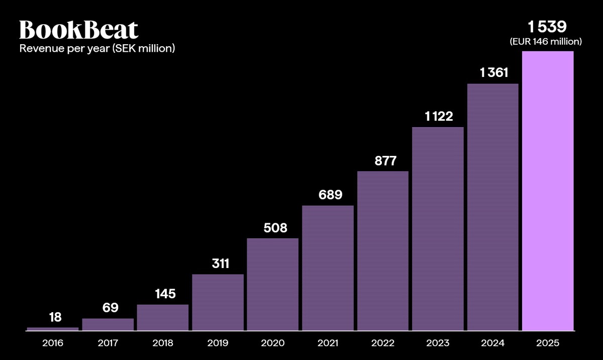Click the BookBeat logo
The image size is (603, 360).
(x=78, y=30)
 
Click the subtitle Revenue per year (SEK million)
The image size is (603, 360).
(x=96, y=49)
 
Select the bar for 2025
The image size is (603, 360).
(x=548, y=191)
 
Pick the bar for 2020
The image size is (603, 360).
(x=272, y=285)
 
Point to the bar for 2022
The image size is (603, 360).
(x=383, y=251)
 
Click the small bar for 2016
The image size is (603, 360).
(x=53, y=329)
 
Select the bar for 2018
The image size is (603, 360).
(x=163, y=318)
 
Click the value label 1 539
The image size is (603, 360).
(x=547, y=28)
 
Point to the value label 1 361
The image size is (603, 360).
(x=494, y=73)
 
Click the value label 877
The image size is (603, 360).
(x=385, y=161)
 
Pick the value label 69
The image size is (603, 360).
(x=110, y=308)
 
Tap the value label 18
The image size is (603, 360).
(x=55, y=317)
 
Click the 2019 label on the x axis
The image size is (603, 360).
(x=218, y=343)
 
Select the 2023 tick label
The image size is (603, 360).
(x=438, y=343)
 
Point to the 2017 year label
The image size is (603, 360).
(x=108, y=343)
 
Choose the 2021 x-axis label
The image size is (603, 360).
(x=328, y=343)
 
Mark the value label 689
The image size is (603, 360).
(x=330, y=195)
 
